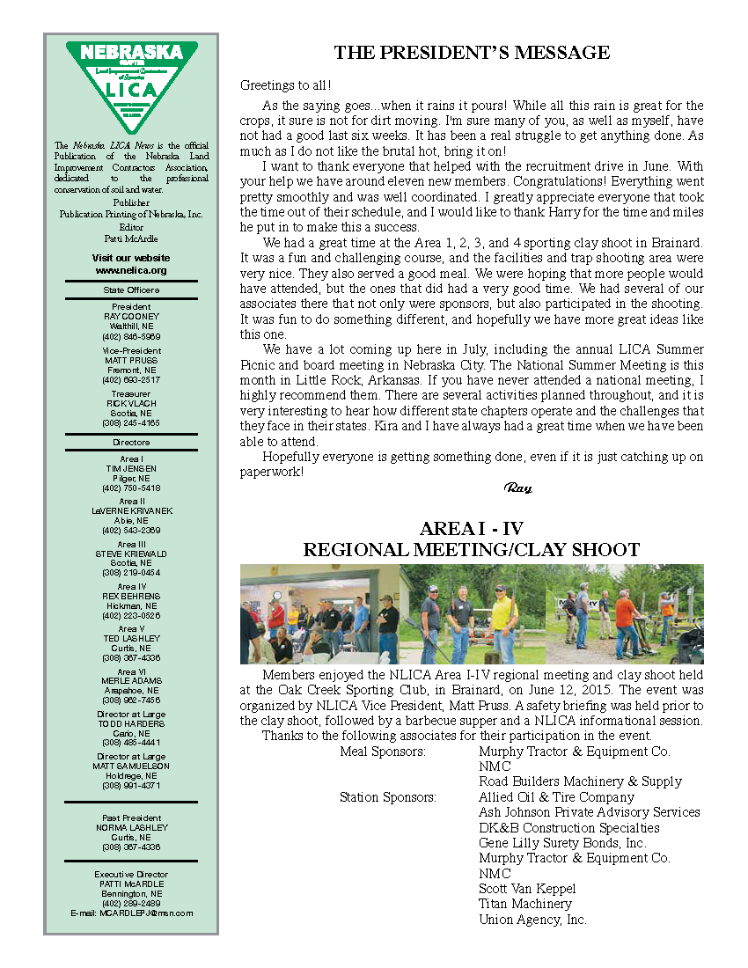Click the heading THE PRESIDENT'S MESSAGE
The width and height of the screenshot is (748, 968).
(x=472, y=54)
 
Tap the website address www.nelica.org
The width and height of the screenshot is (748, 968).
(x=131, y=270)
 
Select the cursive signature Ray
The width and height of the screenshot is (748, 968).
(x=517, y=488)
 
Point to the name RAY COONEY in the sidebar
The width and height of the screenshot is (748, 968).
(x=131, y=316)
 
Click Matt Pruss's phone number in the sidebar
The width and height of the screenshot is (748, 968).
(x=131, y=379)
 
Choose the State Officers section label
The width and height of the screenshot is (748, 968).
(x=131, y=290)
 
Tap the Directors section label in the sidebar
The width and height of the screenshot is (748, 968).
(x=131, y=442)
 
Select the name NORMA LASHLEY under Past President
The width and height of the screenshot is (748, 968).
(x=131, y=827)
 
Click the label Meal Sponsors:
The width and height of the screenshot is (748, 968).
(x=383, y=752)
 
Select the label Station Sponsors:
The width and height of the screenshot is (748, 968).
(x=388, y=797)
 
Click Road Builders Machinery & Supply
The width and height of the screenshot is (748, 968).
(x=580, y=781)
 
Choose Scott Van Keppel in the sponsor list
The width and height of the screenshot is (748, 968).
(x=527, y=889)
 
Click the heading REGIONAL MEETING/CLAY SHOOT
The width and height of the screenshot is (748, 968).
(x=472, y=550)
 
